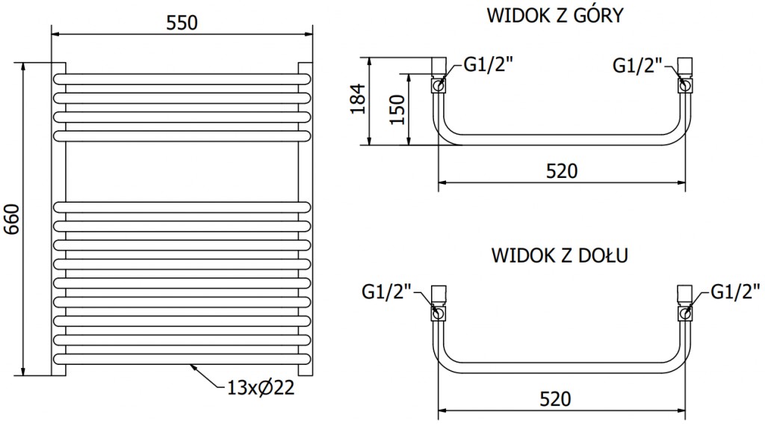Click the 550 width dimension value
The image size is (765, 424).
tap(182, 22)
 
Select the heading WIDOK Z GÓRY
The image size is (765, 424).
tap(554, 16)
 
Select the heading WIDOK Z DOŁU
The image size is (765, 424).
tap(560, 255)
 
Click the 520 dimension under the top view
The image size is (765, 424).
tap(561, 170)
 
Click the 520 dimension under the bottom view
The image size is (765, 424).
tap(561, 398)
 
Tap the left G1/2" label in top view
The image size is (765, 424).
tap(489, 65)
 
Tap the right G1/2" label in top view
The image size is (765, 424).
tap(639, 65)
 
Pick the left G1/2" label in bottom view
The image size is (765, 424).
tap(386, 289)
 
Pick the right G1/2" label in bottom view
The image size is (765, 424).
tap(736, 289)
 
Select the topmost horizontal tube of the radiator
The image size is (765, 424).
tap(182, 78)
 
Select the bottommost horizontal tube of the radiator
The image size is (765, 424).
tap(182, 359)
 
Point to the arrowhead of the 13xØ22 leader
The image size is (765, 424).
tap(192, 365)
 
